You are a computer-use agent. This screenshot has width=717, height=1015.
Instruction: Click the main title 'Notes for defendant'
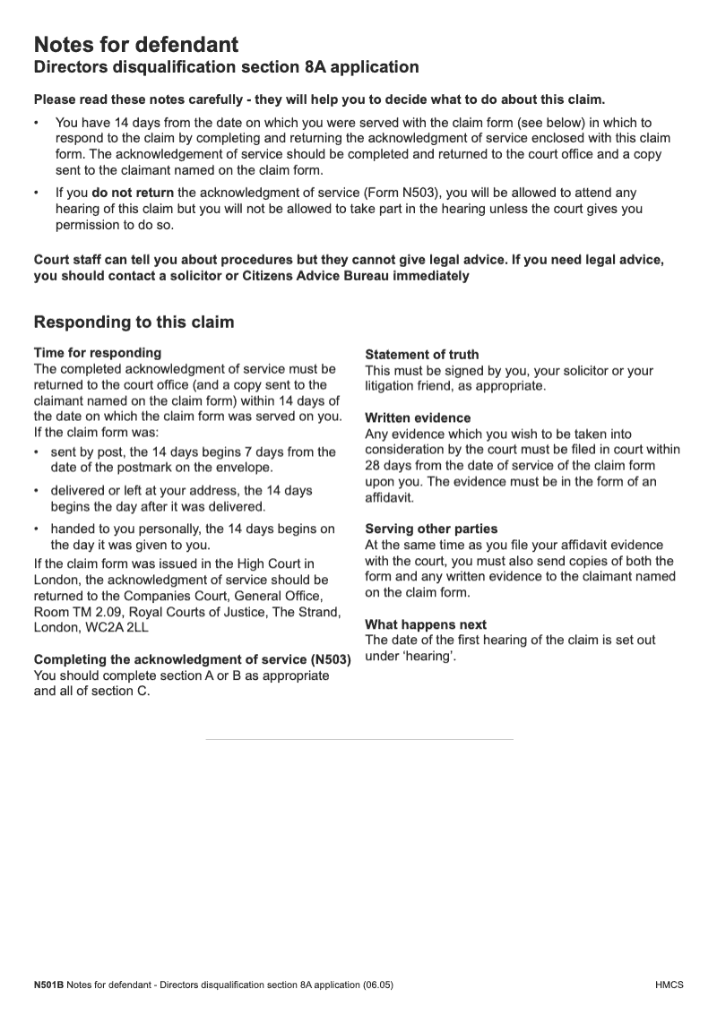coord(135,45)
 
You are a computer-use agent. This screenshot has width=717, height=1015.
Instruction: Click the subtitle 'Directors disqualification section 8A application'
coord(226,67)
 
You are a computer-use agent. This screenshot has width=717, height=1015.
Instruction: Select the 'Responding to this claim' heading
coord(134,322)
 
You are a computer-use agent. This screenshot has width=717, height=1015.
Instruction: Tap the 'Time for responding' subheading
coord(98,353)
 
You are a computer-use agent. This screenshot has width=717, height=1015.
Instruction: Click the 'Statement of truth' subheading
coord(422,354)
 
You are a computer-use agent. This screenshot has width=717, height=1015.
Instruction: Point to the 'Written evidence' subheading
coord(418,418)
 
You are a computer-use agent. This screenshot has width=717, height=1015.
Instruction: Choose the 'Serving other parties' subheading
coord(431,529)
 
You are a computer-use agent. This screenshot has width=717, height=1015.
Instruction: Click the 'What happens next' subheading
coord(426,624)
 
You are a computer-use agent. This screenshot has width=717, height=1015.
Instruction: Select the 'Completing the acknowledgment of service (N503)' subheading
coord(192,660)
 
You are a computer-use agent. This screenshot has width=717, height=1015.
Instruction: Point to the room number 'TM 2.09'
coord(93,612)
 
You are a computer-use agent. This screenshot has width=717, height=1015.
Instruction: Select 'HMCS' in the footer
coord(669,985)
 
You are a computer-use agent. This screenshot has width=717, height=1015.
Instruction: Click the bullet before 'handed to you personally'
coord(37,529)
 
